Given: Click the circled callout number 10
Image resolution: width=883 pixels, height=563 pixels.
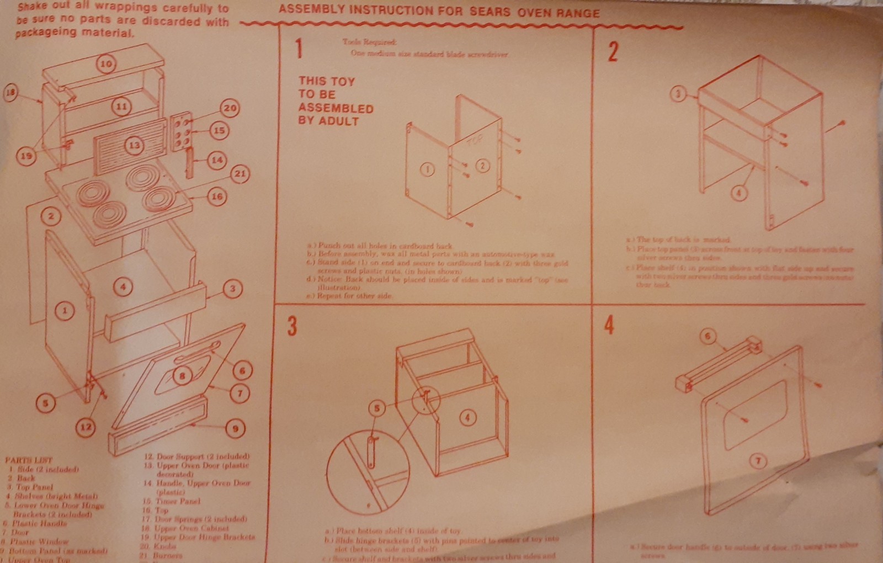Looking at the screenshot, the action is pos(105,64).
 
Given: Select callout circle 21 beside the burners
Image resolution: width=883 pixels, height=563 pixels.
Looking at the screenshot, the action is pos(240,174).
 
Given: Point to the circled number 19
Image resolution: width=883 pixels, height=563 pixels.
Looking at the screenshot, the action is pos(26,156).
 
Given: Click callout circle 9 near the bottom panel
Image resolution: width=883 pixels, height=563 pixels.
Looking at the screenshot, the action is pos(235,428).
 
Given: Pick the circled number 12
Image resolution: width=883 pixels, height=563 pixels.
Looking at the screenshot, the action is pos(86,427).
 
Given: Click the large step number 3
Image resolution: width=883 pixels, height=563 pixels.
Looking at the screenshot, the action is pos(292,326).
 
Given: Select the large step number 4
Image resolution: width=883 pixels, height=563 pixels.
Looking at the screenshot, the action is pos(609,325).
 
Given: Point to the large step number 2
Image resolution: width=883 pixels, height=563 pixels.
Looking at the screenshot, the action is pos(613,52).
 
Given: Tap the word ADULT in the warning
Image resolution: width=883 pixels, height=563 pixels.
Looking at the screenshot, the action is pos(329,121).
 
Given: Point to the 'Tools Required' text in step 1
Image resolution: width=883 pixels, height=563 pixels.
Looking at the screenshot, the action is pos(370,42).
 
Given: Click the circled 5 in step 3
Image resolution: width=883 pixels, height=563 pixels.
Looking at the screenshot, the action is pos(377,408).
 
